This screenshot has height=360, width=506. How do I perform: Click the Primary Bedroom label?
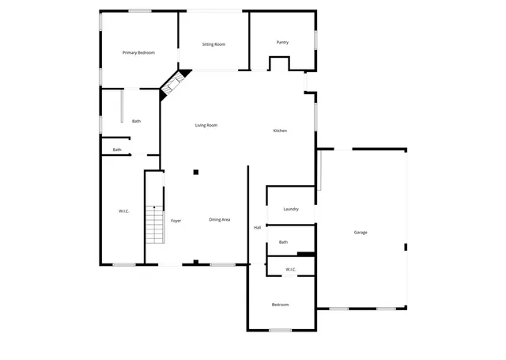coord(138,52)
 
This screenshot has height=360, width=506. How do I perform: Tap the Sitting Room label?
coord(213,45)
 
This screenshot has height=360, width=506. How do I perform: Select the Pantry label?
coord(282,43)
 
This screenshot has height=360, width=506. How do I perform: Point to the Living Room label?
coord(206,125)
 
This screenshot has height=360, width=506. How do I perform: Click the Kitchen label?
coord(280,131)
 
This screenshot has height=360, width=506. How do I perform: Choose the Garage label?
coord(361,233)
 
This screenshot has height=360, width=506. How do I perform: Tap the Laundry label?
coord(291,209)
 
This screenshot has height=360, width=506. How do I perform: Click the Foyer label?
coord(176,221)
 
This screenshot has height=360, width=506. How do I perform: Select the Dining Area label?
coord(220,219)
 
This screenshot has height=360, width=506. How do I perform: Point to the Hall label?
coord(257,228)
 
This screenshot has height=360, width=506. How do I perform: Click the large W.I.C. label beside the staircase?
coord(124,211)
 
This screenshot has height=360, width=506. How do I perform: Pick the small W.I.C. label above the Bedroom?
coord(290,270)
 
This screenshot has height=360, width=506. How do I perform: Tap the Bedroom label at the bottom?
coord(281,305)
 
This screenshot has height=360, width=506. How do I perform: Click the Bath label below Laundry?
coord(283,242)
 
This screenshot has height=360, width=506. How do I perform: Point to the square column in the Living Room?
coord(196,171)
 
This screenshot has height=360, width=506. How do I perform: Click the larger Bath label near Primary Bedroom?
coord(137,121)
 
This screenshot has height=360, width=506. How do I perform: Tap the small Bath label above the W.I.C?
coord(117,150)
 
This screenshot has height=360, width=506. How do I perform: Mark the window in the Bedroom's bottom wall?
coord(280,330)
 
